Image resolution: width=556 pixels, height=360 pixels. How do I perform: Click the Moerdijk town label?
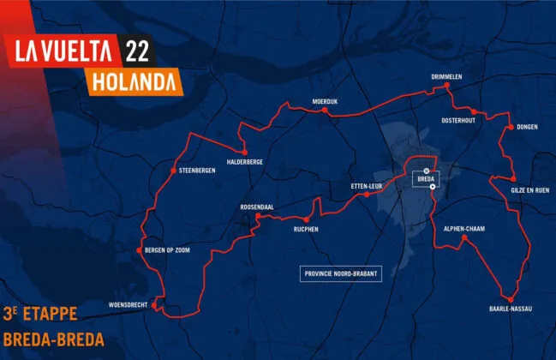[x=326, y=101]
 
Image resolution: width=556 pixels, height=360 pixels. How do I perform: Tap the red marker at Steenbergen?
[x=174, y=169]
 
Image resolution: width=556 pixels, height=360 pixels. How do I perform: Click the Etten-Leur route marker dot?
[x=366, y=195]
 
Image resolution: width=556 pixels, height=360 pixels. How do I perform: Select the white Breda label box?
[x=425, y=178]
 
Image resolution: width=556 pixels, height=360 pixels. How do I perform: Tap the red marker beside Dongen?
[x=510, y=128]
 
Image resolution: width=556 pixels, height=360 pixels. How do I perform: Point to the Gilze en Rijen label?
[x=529, y=189]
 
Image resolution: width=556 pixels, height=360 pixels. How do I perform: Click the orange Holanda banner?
[x=132, y=82]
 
